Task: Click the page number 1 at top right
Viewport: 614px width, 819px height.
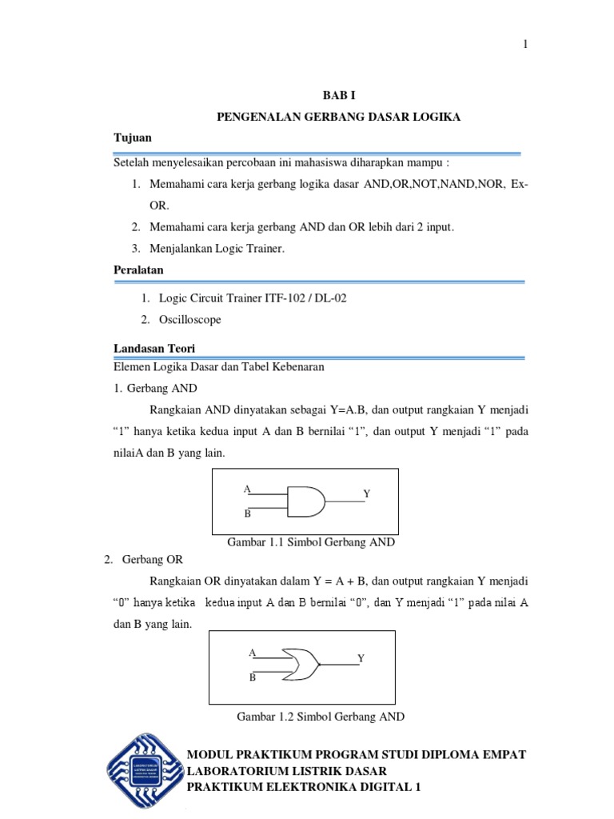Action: (x=525, y=45)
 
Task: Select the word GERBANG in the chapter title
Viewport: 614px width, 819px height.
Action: (x=337, y=117)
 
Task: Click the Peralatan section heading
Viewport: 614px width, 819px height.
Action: (x=140, y=270)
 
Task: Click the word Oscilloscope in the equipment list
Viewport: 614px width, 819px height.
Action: (x=190, y=319)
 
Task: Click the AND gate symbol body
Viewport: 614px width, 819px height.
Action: (x=306, y=501)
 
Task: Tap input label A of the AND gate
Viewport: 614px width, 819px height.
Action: (x=247, y=489)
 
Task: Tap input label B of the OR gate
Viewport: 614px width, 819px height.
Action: (x=252, y=677)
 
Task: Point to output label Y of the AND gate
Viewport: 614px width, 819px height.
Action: (x=367, y=494)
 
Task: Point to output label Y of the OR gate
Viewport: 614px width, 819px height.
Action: (x=361, y=657)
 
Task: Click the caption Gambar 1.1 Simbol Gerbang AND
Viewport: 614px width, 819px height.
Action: (x=311, y=543)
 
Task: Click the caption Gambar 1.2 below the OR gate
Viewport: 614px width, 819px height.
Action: (x=321, y=717)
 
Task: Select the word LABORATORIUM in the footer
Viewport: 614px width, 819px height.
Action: (x=237, y=771)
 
